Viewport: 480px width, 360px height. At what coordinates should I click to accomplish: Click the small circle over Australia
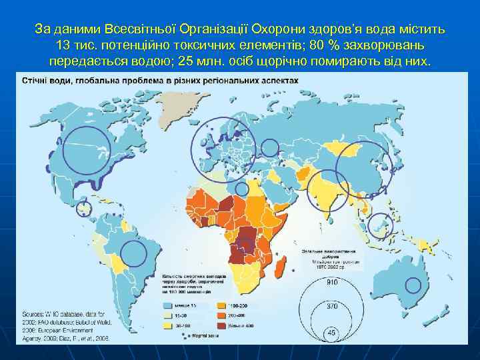[413, 285]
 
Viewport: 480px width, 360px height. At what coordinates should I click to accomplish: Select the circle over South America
[134, 254]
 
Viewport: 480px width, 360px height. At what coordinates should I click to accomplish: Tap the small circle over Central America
[83, 209]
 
